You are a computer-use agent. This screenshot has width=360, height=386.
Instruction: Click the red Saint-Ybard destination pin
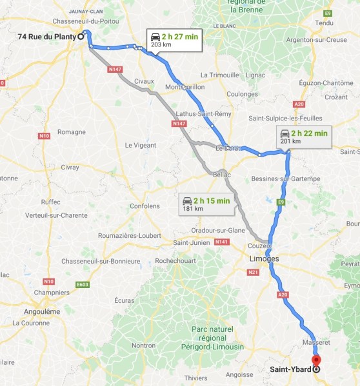pyautogui.click(x=316, y=361)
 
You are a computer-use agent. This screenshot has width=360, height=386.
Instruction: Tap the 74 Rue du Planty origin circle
pyautogui.click(x=81, y=37)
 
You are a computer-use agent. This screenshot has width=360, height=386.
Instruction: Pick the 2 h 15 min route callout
pyautogui.click(x=206, y=204)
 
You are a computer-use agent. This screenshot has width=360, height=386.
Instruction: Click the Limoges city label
pyautogui.click(x=264, y=258)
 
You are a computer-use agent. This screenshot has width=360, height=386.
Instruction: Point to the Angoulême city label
pyautogui.click(x=41, y=311)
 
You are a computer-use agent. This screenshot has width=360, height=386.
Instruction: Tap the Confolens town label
pyautogui.click(x=144, y=206)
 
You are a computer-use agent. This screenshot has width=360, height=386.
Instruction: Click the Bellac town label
pyautogui.click(x=221, y=175)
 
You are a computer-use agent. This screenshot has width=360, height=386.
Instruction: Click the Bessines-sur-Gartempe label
pyautogui.click(x=285, y=178)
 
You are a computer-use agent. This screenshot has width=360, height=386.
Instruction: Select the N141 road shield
pyautogui.click(x=221, y=242)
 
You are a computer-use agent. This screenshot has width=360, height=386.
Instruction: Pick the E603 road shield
pyautogui.click(x=81, y=284)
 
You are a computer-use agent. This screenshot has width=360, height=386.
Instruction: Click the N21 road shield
pyautogui.click(x=252, y=273)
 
